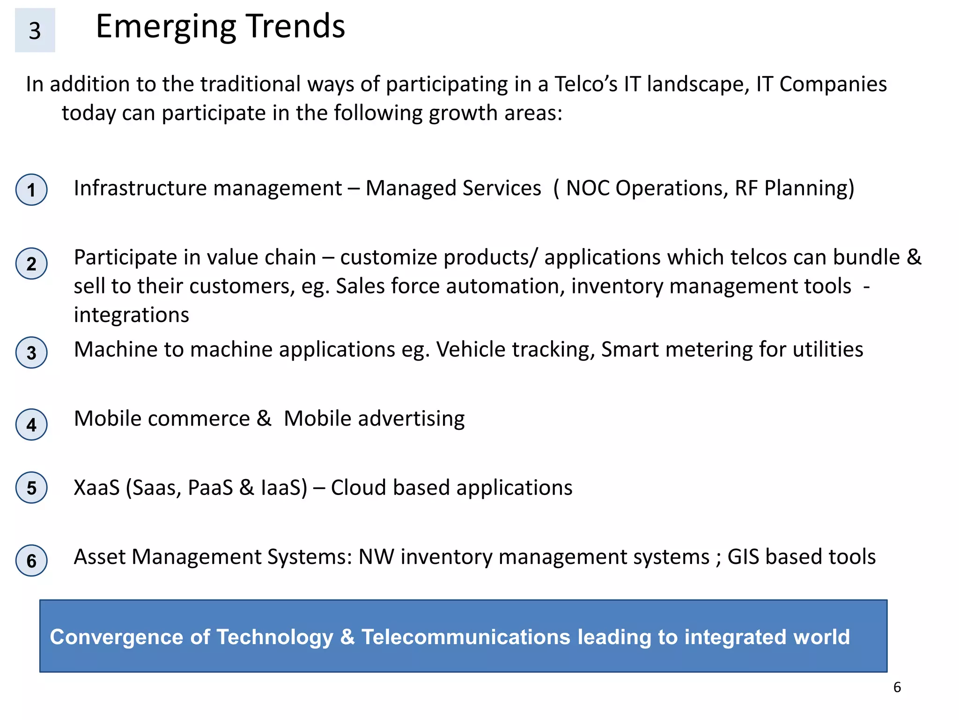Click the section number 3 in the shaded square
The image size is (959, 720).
pos(35,30)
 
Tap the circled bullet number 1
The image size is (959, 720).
pos(31,190)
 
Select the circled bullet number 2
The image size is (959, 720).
pos(31,263)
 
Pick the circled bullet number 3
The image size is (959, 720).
pos(31,352)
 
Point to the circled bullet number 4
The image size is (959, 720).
pos(31,425)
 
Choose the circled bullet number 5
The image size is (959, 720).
pos(31,487)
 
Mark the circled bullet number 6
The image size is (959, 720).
pos(31,560)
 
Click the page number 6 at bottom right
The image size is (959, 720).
pos(897,687)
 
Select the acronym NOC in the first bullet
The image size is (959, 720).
pos(588,188)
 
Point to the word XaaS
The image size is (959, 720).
pos(96,488)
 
